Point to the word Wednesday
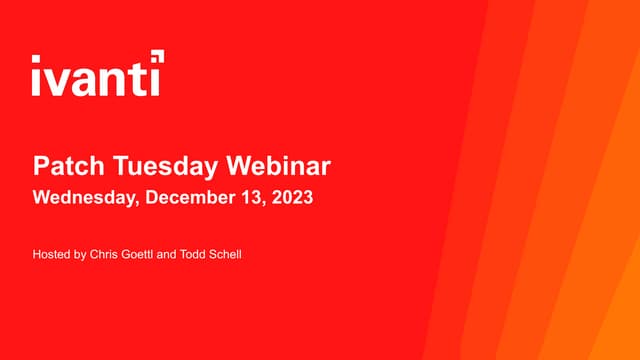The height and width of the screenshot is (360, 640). (85, 197)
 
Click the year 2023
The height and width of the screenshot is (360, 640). (291, 197)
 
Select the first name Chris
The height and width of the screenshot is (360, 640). (104, 255)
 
